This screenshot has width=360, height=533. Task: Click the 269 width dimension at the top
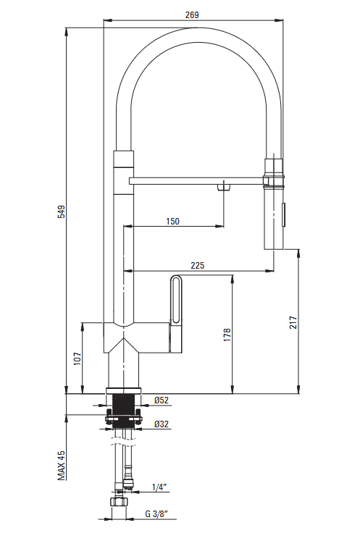192,15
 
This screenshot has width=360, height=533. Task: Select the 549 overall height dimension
61,211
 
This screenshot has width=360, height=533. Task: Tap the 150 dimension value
172,222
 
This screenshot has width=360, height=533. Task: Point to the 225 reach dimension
198,265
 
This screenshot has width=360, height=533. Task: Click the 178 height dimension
227,335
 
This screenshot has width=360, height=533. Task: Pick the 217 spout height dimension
293,322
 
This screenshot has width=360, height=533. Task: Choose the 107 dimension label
78,358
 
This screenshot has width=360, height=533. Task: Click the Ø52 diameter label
161,400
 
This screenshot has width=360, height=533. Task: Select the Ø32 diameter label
161,424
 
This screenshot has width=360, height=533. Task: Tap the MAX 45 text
62,466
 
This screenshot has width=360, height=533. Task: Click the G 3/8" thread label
156,514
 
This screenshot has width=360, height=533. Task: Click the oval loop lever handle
176,299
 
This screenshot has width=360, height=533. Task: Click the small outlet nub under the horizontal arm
224,188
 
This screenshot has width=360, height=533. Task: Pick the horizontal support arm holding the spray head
197,181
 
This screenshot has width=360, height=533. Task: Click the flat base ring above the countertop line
123,390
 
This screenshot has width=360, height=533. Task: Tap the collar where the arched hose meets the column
123,159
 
